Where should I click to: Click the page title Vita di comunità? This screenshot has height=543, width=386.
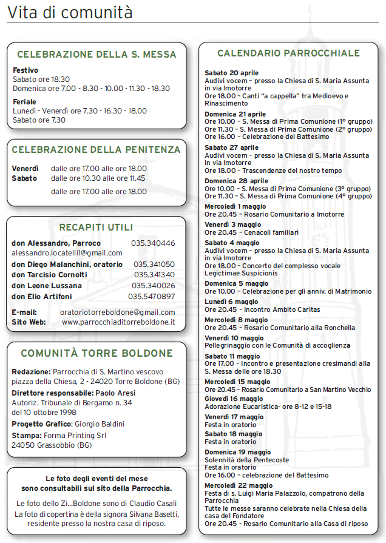70,13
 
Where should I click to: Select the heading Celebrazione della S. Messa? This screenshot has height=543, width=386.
96,55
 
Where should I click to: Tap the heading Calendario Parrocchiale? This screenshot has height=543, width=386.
288,53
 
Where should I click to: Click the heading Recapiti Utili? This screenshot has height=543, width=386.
96,228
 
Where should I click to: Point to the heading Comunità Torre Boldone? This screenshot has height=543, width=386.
96,353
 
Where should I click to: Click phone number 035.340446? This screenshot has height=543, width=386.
153,243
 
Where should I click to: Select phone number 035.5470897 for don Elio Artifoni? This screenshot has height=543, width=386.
151,296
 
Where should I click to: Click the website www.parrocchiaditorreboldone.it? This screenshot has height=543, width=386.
118,322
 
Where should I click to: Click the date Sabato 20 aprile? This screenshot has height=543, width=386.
231,73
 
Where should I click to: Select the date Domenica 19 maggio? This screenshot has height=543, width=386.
238,452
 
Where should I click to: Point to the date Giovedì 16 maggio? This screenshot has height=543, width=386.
234,399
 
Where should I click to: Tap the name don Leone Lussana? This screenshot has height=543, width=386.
47,286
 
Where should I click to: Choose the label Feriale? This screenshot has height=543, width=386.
24,102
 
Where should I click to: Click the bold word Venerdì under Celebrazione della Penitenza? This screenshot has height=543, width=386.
25,169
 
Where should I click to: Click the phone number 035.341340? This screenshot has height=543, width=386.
154,275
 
